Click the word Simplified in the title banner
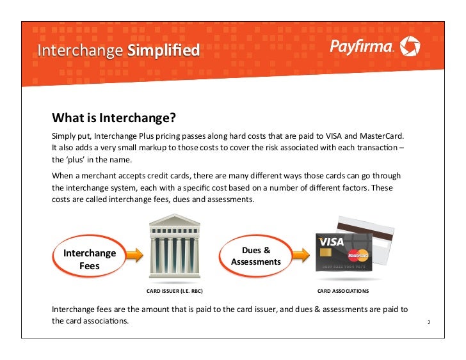163,51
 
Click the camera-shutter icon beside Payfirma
410,46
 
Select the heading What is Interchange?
113,118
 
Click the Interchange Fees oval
90,259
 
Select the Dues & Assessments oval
256,256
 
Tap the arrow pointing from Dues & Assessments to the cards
294,256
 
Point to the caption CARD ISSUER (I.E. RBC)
175,291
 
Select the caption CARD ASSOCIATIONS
343,291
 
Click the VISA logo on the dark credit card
332,243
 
